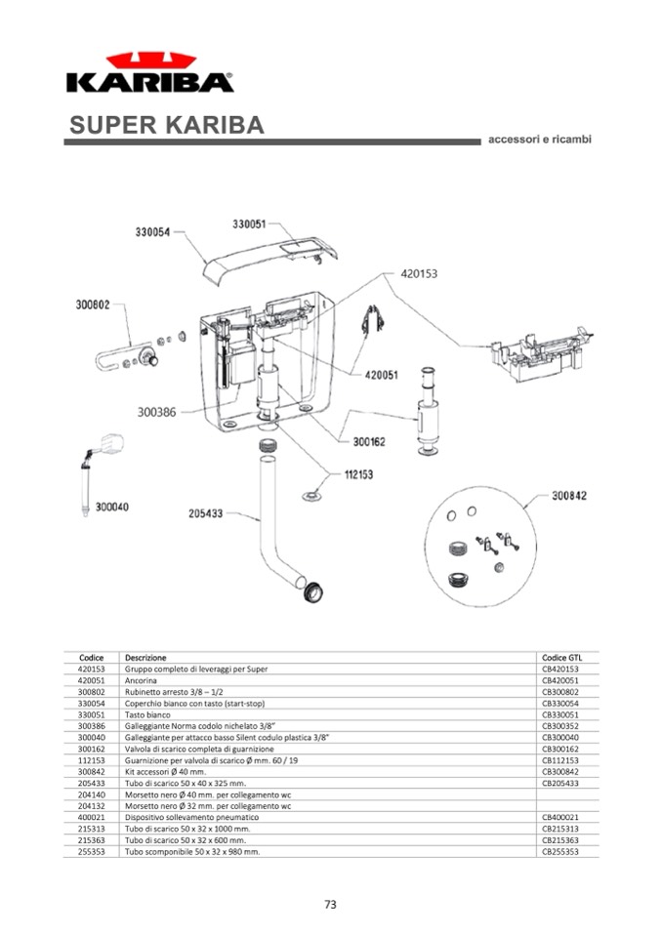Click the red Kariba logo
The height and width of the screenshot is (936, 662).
click(x=149, y=73)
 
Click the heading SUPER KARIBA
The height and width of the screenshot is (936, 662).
click(x=167, y=126)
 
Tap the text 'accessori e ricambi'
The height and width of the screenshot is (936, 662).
click(x=539, y=140)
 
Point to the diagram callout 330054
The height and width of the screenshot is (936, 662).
click(x=152, y=232)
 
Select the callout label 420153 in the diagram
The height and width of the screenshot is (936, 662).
click(x=419, y=274)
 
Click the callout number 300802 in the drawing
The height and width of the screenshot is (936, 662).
click(x=94, y=305)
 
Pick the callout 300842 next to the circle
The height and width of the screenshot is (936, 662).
click(x=569, y=496)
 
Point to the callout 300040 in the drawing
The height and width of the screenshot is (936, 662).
click(x=112, y=507)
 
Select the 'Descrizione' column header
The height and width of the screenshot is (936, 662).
click(x=145, y=658)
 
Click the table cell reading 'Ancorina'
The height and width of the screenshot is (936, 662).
click(x=141, y=680)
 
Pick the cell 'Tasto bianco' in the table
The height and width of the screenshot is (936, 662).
click(x=147, y=714)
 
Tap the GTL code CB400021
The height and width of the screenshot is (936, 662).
click(x=560, y=817)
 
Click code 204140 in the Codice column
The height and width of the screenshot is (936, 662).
click(x=91, y=794)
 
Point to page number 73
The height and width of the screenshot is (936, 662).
click(x=330, y=905)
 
